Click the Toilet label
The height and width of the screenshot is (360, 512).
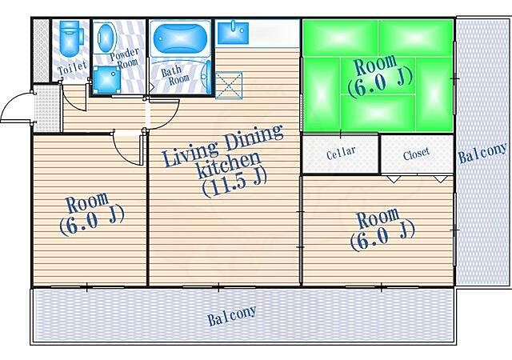(73, 68)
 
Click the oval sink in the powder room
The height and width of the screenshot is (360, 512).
(107, 37)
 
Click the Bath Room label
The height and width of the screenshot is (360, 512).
(174, 75)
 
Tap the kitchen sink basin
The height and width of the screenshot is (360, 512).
(233, 32)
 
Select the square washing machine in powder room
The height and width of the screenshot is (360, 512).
(106, 79)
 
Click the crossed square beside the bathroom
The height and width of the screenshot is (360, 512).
(229, 85)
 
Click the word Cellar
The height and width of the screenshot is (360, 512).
(341, 153)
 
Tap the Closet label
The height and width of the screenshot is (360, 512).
(416, 154)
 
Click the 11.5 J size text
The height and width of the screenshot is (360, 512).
(234, 183)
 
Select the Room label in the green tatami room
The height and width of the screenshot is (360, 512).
(375, 64)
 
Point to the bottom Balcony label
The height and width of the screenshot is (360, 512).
(232, 315)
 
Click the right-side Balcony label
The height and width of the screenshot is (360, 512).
(483, 153)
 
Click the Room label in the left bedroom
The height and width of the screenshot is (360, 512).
(86, 203)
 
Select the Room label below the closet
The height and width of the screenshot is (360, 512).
(378, 218)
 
